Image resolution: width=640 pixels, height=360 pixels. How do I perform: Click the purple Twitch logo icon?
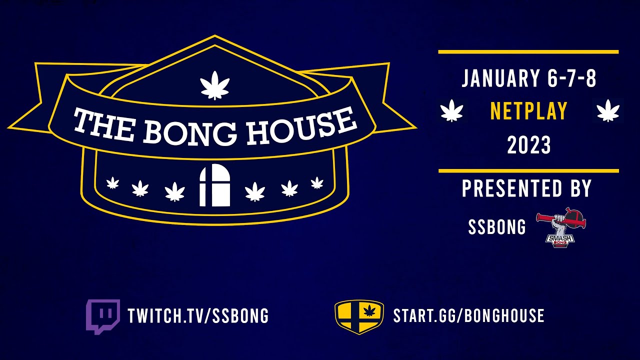coord(103,316)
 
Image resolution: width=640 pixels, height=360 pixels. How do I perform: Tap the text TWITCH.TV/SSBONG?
coord(198,316)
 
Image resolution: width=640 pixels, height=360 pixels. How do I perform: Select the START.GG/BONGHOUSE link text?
coord(468,316)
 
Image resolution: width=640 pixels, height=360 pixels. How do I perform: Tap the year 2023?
coord(529,145)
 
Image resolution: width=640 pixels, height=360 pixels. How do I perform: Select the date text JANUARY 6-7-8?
coord(529,79)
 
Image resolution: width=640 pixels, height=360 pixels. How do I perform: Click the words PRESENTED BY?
coord(526,189)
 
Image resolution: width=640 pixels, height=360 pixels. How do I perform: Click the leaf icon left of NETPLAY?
coord(451,110)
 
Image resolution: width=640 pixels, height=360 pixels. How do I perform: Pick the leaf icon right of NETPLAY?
coord(608,110)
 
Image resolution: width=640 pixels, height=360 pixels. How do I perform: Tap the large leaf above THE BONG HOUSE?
coord(214,85)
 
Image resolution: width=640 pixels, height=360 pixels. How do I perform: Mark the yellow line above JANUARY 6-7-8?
coord(528,52)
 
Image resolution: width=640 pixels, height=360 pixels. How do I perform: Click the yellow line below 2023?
coord(528,171)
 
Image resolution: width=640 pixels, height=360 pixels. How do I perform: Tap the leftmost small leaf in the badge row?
coord(113,183)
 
